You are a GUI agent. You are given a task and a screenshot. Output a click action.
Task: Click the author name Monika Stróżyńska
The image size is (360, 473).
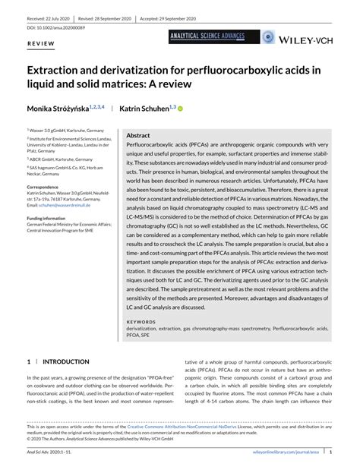(62, 109)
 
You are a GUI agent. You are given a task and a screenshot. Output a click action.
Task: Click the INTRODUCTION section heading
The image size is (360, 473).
(66, 362)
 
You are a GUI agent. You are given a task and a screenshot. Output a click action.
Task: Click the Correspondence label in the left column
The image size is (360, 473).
(47, 186)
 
